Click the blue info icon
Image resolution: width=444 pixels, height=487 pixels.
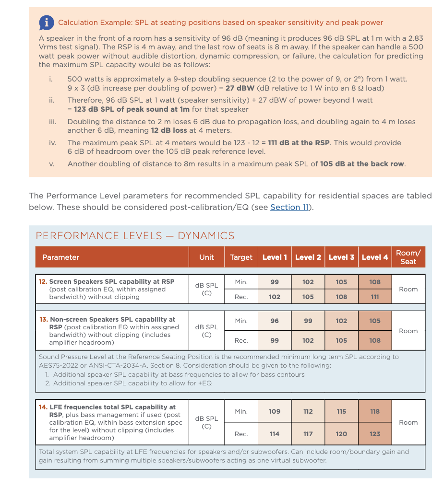(46, 22)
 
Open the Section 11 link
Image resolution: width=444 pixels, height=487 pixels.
(289, 207)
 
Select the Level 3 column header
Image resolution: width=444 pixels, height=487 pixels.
(341, 257)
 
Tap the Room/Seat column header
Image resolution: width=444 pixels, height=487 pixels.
(408, 257)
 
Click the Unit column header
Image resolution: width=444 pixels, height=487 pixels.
(206, 257)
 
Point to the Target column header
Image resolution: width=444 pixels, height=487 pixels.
(241, 257)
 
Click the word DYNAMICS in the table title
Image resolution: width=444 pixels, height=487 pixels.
(206, 236)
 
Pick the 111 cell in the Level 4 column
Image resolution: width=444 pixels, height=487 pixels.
(375, 297)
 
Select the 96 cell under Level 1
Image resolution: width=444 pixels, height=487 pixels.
(275, 321)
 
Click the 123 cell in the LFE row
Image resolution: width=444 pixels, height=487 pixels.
(375, 434)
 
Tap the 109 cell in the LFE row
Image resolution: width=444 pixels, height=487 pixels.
(275, 411)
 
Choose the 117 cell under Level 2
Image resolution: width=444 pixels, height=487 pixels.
(308, 434)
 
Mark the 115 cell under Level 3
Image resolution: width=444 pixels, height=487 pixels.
(341, 411)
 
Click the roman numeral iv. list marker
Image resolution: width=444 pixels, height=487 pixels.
(52, 143)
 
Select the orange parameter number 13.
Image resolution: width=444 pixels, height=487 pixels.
(43, 319)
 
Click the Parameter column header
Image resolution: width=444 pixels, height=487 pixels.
(61, 257)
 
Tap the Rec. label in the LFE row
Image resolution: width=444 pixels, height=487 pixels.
(241, 434)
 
